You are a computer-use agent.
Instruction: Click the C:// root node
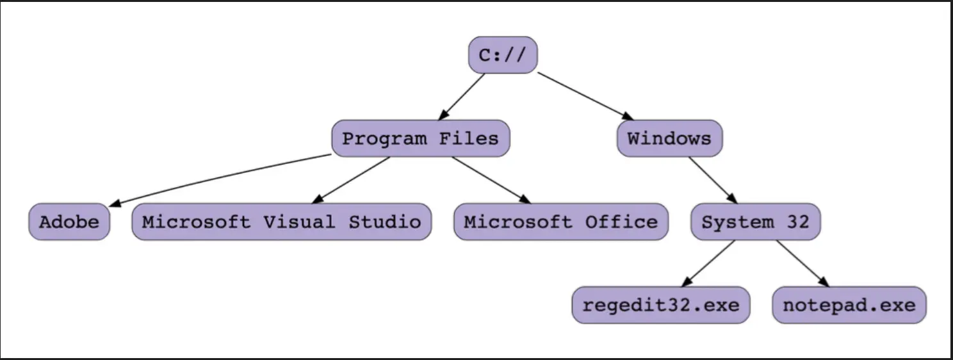tap(503, 55)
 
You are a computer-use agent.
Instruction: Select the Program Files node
tap(421, 138)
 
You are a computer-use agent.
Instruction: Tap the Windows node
tap(670, 138)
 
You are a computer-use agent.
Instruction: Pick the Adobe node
tap(69, 222)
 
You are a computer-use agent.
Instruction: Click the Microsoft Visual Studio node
tap(282, 222)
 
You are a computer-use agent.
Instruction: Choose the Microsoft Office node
tap(561, 222)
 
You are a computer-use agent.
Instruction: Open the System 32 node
tap(756, 222)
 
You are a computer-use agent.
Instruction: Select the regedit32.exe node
tap(661, 305)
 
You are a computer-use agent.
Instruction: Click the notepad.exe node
tap(849, 305)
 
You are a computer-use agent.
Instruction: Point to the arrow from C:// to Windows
tap(585, 96)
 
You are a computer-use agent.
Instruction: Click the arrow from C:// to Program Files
tap(461, 97)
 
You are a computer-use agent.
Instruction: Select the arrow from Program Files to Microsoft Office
tap(491, 180)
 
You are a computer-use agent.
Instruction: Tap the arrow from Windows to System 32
tap(713, 181)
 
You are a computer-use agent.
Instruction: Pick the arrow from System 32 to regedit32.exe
tap(708, 263)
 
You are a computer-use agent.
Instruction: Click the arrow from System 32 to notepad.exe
tap(803, 263)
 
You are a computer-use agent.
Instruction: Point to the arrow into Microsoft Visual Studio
tap(350, 181)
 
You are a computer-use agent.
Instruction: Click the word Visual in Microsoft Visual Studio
tap(299, 222)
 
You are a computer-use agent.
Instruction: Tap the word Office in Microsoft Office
tap(621, 222)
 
